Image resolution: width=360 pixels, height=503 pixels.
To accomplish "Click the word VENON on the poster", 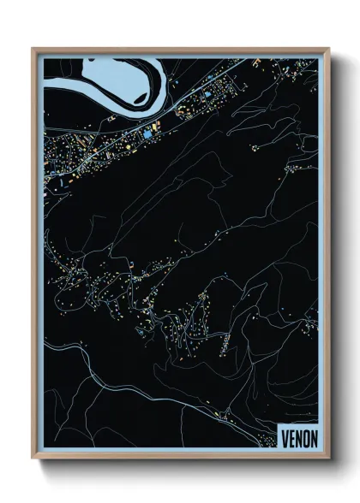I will point(299,438).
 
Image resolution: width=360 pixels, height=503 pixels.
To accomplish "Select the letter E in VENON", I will point(292,438).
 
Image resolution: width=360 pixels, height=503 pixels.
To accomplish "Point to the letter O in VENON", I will point(306,438).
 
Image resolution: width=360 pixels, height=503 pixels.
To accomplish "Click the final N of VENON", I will point(314,438).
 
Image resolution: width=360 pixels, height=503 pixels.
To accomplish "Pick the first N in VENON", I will point(299,438).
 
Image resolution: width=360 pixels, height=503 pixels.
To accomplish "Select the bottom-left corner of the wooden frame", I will point(33,459).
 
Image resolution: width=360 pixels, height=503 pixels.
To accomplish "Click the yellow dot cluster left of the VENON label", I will point(225,417).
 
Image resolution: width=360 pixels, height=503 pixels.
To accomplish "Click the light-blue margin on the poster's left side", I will point(39,257).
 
